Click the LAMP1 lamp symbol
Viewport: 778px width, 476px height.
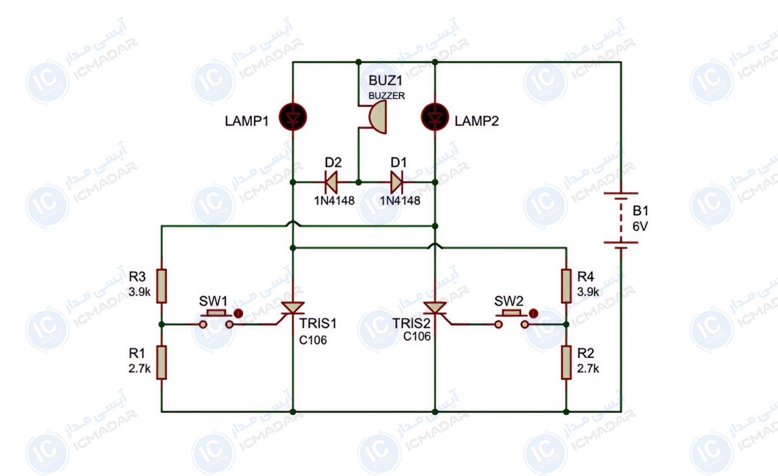293,117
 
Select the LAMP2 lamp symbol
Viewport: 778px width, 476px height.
435,117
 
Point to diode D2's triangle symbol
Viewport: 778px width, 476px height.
331,182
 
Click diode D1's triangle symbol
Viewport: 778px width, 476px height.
397,182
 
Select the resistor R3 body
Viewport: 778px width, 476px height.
162,286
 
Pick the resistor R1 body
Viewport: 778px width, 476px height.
162,362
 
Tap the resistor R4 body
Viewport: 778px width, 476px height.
566,286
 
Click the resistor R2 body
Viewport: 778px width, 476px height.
566,362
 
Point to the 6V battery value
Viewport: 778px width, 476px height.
640,226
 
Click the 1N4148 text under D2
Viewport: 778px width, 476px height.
334,200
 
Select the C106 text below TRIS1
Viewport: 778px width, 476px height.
312,340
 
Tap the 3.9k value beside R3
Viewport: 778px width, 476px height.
139,292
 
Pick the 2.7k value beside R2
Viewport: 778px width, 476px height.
588,368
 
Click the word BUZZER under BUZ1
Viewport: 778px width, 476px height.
387,96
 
